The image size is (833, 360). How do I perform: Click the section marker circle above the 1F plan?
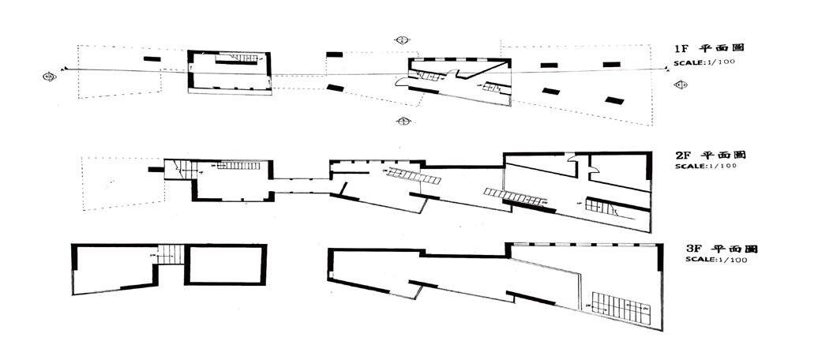[403, 39]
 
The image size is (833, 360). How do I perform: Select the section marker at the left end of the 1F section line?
[49, 76]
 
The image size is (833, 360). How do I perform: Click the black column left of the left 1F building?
[150, 58]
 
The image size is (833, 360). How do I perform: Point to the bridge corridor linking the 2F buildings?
[300, 181]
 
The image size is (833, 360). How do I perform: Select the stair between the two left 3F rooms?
[171, 254]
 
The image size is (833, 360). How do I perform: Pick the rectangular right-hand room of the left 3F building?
[226, 264]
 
